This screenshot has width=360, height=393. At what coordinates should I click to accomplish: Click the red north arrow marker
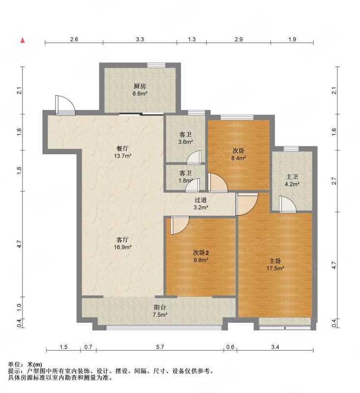[23, 40]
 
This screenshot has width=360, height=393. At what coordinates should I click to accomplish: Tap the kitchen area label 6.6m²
[140, 94]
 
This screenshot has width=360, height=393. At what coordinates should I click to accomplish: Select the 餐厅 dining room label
[122, 148]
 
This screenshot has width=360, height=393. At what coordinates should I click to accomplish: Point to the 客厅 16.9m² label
[122, 243]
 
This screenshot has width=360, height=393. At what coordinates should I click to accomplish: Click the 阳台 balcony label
[160, 308]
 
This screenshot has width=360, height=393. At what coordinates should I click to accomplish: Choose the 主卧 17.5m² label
[275, 265]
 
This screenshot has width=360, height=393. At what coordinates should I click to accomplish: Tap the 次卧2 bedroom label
[201, 253]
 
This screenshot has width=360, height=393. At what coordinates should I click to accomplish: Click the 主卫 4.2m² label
[292, 180]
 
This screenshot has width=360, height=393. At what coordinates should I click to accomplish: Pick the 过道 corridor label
[201, 200]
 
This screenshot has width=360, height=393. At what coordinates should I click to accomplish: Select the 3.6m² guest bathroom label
[185, 142]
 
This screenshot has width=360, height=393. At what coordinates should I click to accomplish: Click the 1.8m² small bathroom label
[185, 180]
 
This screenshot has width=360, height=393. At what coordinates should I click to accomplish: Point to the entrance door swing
[65, 105]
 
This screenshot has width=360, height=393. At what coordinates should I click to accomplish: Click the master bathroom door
[288, 204]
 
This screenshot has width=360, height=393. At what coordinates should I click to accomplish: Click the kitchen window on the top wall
[156, 65]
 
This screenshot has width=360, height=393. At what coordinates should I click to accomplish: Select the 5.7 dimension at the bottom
[160, 347]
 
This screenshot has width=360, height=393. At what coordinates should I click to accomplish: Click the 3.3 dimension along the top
[140, 39]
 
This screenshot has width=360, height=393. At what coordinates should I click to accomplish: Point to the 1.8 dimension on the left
[19, 170]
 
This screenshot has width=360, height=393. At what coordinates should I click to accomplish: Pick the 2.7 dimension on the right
[333, 181]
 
